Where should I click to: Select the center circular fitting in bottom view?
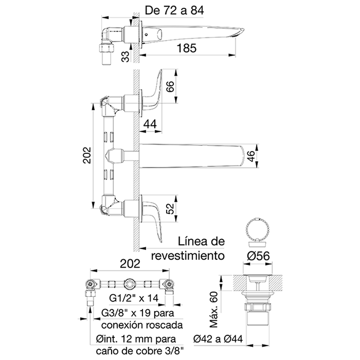[x=130, y=284]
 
